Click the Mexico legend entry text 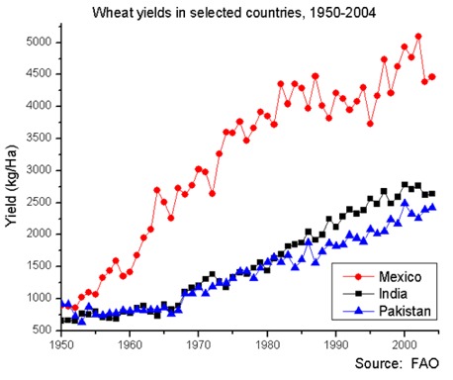click(x=396, y=274)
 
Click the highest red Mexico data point click(x=418, y=37)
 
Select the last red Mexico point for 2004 click(x=432, y=77)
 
